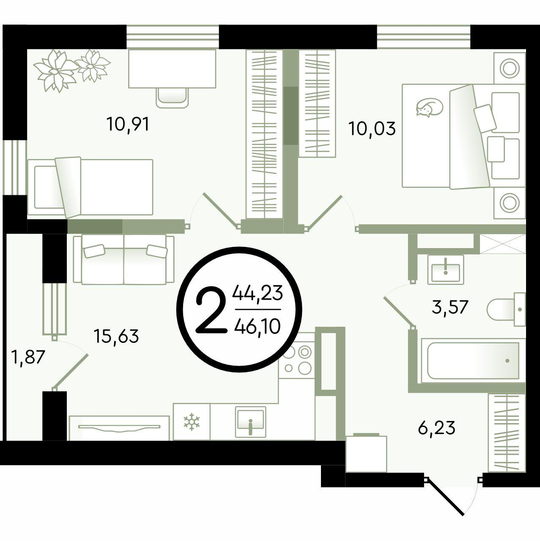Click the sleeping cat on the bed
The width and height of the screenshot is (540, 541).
[429, 107]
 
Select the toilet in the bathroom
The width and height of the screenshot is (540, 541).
[506, 309]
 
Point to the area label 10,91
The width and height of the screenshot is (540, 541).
[128, 124]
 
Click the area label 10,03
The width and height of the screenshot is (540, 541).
[372, 129]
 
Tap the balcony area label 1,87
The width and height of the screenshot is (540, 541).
[29, 358]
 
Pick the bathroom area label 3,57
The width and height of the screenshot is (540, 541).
[450, 307]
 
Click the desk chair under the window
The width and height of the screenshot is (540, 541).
[172, 97]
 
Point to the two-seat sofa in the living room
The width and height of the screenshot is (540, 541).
[123, 260]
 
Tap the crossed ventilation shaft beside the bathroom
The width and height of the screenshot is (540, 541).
[502, 244]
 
